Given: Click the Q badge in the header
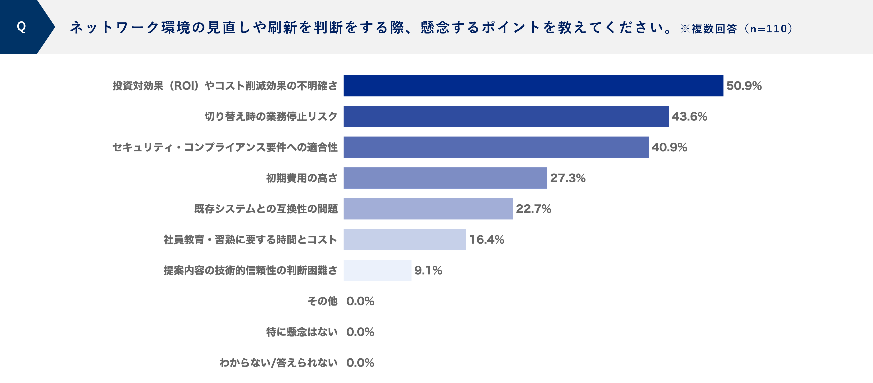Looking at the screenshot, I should click(21, 27).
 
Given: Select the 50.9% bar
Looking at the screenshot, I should click(533, 86).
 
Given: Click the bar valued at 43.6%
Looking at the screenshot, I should click(506, 116).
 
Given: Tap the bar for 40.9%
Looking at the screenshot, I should click(496, 147).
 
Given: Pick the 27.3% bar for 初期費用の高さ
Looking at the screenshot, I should click(445, 178).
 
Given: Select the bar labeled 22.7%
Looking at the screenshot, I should click(428, 209).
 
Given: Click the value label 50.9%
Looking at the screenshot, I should click(744, 86).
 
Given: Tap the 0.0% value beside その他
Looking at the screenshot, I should click(360, 301).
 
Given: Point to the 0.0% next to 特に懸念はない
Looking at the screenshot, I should click(360, 332).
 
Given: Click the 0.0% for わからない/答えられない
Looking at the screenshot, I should click(360, 363).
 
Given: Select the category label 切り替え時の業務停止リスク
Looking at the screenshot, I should click(271, 116).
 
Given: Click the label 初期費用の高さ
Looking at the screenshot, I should click(302, 178).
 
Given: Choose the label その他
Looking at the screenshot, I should click(322, 301).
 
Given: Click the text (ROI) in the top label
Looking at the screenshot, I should click(184, 86).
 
